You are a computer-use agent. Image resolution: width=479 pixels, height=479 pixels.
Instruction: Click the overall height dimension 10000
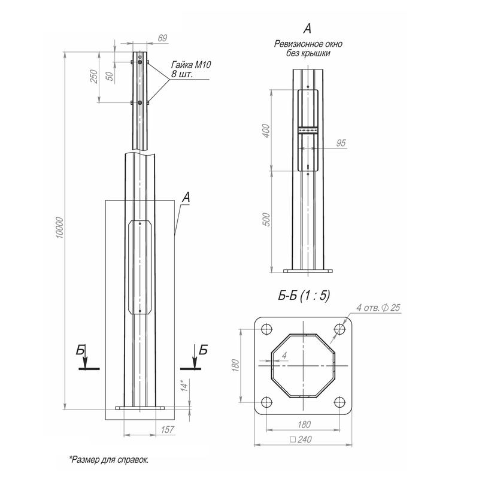pyautogui.click(x=60, y=228)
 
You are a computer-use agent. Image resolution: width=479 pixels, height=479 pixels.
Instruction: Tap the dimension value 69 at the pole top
pyautogui.click(x=162, y=38)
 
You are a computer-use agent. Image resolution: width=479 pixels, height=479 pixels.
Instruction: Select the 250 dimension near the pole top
pyautogui.click(x=94, y=77)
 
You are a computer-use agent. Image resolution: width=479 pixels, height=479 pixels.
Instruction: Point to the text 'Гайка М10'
pyautogui.click(x=191, y=65)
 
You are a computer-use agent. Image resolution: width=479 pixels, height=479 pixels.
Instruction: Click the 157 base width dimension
pyautogui.click(x=168, y=430)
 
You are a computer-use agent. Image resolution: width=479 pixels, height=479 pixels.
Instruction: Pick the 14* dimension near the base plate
pyautogui.click(x=184, y=386)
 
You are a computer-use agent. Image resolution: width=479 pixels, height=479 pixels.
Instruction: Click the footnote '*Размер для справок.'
pyautogui.click(x=109, y=459)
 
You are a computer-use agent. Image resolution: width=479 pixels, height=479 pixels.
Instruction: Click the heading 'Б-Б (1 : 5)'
pyautogui.click(x=304, y=295)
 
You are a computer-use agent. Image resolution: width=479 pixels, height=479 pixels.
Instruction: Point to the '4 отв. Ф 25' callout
pyautogui.click(x=378, y=307)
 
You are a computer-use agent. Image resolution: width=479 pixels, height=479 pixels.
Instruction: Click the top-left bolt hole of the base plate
pyautogui.click(x=266, y=329)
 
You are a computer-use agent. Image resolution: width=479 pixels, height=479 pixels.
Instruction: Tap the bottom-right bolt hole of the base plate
pyautogui.click(x=339, y=402)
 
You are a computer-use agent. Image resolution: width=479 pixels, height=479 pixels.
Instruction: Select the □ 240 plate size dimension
pyautogui.click(x=301, y=439)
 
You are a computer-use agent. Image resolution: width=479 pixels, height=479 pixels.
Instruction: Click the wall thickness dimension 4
pyautogui.click(x=284, y=355)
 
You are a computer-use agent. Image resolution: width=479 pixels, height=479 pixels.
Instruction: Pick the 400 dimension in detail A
pyautogui.click(x=266, y=131)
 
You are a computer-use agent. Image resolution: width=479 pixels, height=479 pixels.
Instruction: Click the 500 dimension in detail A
pyautogui.click(x=266, y=219)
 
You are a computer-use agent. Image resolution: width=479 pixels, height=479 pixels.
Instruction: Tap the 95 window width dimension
pyautogui.click(x=341, y=143)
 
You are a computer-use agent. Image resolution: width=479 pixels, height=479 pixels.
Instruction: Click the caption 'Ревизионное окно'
pyautogui.click(x=308, y=44)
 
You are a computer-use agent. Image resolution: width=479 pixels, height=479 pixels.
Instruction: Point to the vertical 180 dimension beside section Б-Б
pyautogui.click(x=235, y=365)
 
